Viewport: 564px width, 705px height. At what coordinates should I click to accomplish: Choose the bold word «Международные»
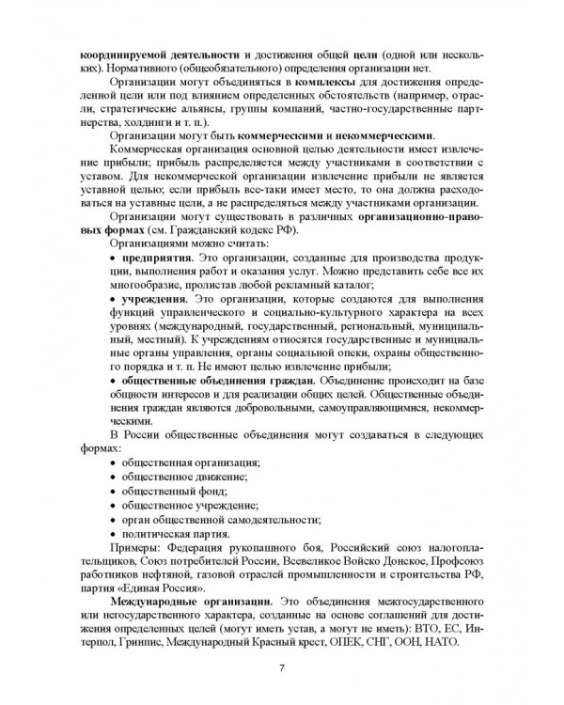(x=164, y=599)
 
